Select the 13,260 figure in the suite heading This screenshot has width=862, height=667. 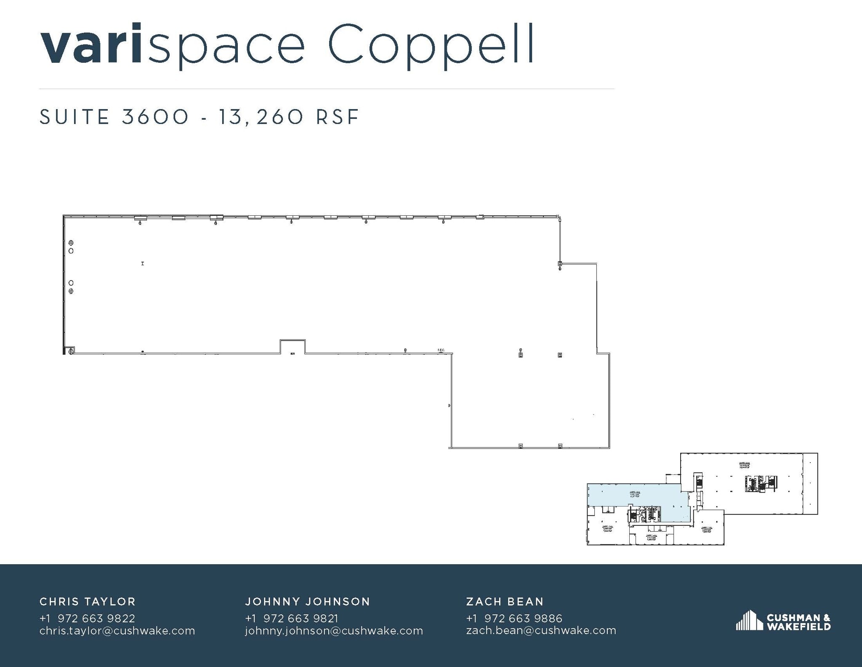[x=260, y=117]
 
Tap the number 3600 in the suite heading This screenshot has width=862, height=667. [x=155, y=117]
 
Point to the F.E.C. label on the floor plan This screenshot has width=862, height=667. [x=441, y=350]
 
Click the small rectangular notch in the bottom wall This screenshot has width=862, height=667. [x=293, y=346]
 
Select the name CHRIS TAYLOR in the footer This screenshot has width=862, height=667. [x=88, y=601]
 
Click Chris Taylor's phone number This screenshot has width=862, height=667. [x=87, y=618]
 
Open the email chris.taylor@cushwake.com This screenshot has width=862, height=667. [x=117, y=630]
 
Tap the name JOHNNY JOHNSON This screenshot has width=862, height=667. [x=307, y=601]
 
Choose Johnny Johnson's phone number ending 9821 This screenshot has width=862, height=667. [x=291, y=618]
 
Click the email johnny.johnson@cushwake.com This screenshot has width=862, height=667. [x=334, y=630]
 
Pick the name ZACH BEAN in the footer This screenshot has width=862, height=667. [x=505, y=601]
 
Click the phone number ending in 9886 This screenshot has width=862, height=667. [x=514, y=618]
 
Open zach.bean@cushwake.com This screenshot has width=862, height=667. [x=541, y=630]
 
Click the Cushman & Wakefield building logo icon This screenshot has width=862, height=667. [x=749, y=620]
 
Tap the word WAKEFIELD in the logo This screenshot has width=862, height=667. [x=798, y=626]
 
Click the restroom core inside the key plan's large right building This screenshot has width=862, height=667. [x=760, y=483]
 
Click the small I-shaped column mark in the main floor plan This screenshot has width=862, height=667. [x=143, y=263]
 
